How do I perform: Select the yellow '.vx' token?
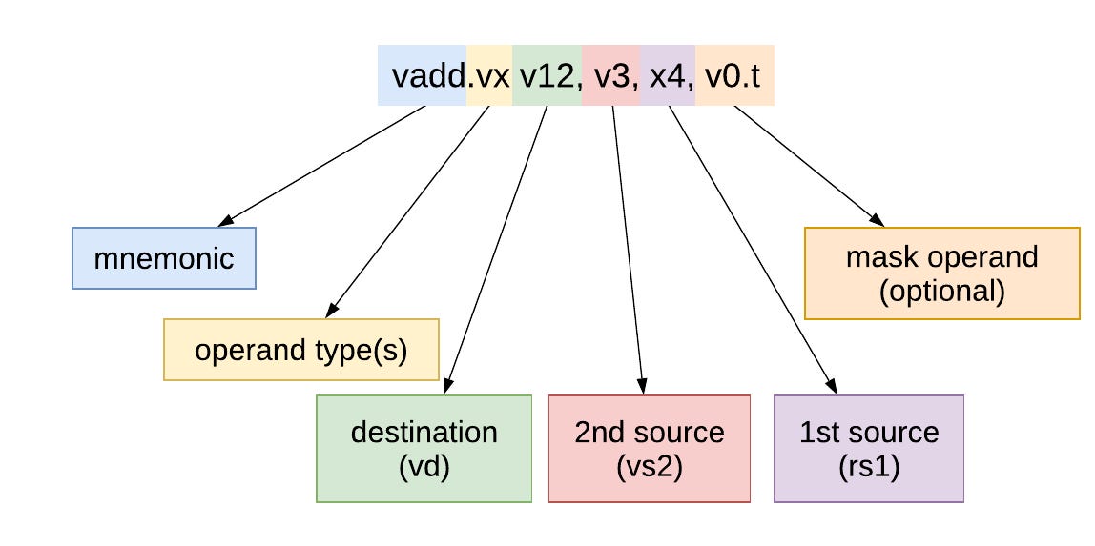(489, 75)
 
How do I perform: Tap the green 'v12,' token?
(547, 75)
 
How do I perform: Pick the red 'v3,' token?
(611, 75)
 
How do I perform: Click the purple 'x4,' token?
(668, 75)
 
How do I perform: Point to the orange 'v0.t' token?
(733, 75)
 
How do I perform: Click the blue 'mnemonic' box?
(164, 258)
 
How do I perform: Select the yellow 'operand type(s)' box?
(301, 350)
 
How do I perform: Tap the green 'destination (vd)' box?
(424, 449)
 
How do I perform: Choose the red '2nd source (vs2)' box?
(650, 449)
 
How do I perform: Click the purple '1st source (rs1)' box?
(869, 449)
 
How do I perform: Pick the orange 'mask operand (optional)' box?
(942, 273)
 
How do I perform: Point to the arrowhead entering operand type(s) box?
(332, 310)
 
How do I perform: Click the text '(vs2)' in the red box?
(650, 469)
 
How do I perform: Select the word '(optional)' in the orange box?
(942, 291)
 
